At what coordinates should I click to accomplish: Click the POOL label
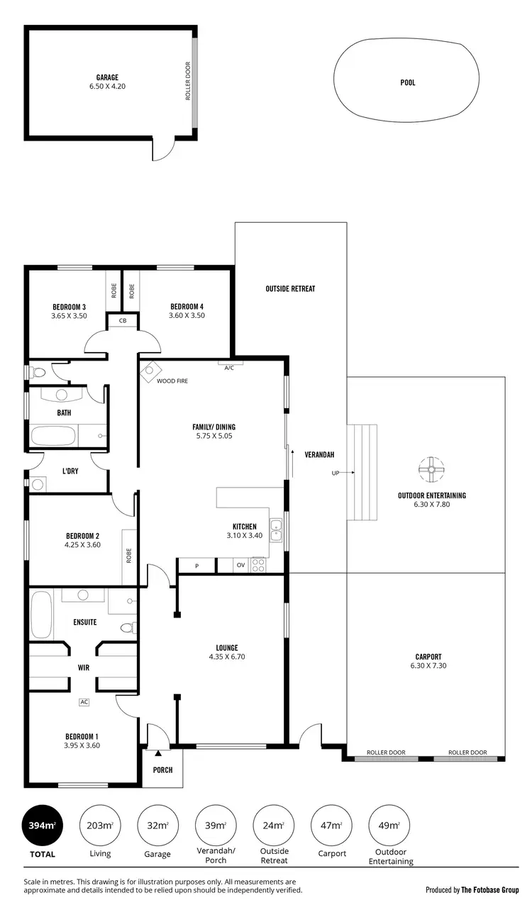point(407,83)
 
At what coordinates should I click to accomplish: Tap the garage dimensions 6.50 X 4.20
point(107,87)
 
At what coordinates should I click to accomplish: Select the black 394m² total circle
point(42,826)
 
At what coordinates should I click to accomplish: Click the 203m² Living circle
point(99,826)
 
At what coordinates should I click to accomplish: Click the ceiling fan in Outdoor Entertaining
point(431,468)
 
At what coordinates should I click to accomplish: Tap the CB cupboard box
point(122,322)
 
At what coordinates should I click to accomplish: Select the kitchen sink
point(276,530)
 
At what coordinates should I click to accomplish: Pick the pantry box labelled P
point(196,566)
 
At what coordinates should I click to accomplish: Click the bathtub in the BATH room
point(54,436)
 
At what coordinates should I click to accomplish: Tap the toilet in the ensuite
point(128,627)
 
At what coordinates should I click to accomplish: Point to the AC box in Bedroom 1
point(84,702)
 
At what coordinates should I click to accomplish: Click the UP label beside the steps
point(335,473)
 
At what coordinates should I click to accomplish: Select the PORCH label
point(162,770)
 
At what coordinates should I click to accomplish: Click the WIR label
point(83,668)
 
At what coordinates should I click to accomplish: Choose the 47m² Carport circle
point(331,826)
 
